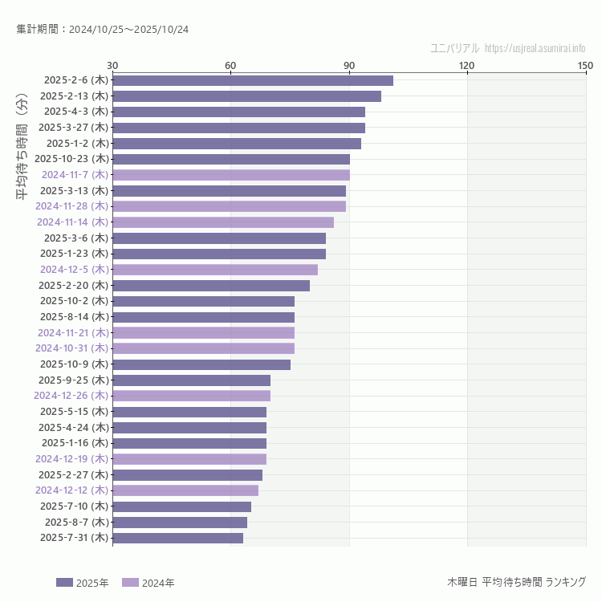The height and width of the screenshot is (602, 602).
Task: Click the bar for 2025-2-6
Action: point(253,80)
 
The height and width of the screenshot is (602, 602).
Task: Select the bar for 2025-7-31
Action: point(177,538)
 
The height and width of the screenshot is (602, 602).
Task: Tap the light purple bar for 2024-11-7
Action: point(231,175)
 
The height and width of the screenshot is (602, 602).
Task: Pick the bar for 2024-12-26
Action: point(191,396)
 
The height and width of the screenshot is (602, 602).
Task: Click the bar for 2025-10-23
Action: point(231,159)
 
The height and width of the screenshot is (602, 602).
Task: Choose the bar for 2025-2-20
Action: point(211,286)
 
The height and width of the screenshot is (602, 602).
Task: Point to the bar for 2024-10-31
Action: point(203,348)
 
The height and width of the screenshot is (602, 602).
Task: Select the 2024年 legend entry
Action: point(148,583)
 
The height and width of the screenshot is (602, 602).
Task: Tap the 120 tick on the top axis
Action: point(467,65)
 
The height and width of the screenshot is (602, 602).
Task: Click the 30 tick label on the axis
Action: point(112,65)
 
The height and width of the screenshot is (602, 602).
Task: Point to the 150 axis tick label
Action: point(584,65)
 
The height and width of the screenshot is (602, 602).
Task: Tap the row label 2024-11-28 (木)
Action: point(71,206)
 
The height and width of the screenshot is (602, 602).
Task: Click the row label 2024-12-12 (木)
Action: point(71,490)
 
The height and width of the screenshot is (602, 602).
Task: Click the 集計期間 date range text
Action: point(103,30)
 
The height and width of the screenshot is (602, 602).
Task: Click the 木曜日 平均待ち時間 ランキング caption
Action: point(516,582)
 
